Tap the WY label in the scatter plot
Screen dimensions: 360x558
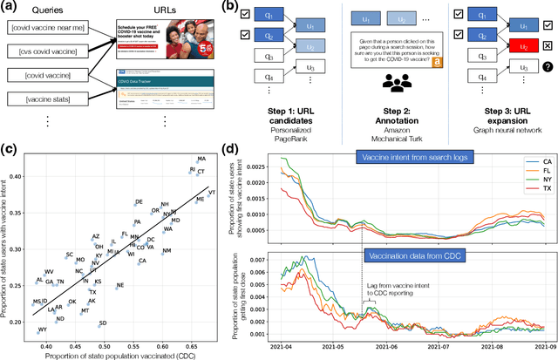pyautogui.click(x=42, y=330)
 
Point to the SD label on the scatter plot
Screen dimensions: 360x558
pyautogui.click(x=103, y=324)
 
